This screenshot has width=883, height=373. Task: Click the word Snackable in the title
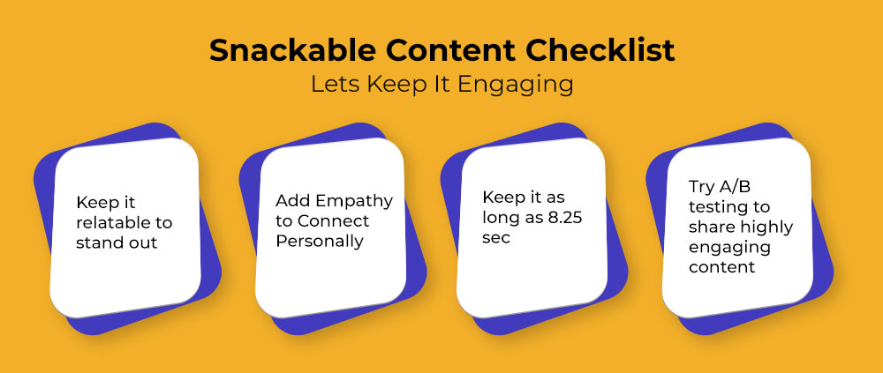click(291, 50)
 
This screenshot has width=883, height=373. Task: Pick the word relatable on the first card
click(109, 222)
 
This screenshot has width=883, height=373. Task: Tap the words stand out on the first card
click(117, 242)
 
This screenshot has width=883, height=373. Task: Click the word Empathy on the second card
click(354, 201)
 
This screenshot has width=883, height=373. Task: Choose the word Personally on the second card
click(320, 242)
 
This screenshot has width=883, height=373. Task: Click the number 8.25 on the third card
click(564, 217)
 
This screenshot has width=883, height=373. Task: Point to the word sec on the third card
click(496, 238)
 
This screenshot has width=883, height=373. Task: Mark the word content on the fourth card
click(722, 266)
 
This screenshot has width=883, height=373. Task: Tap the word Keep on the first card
click(94, 202)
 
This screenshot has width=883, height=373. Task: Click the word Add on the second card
click(292, 200)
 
